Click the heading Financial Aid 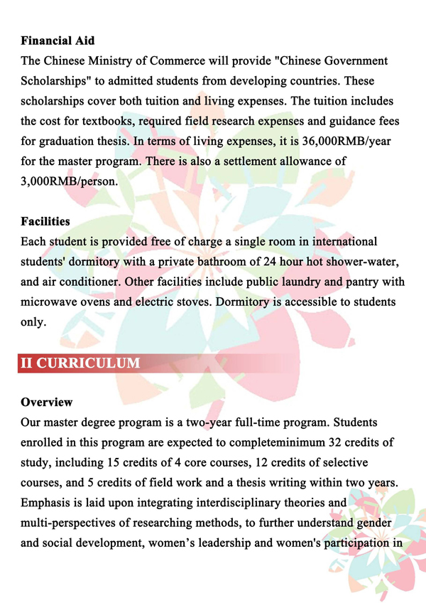click(58, 41)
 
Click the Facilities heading click(46, 223)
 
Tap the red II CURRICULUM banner click(80, 363)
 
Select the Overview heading click(47, 402)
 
